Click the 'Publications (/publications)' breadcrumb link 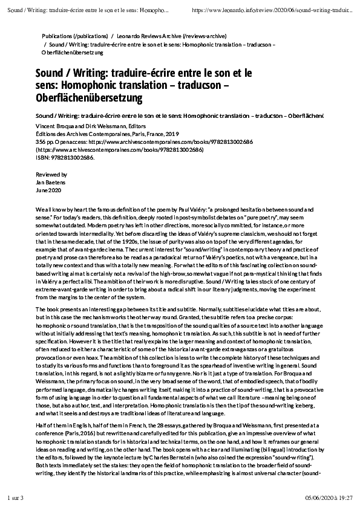coord(75,36)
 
